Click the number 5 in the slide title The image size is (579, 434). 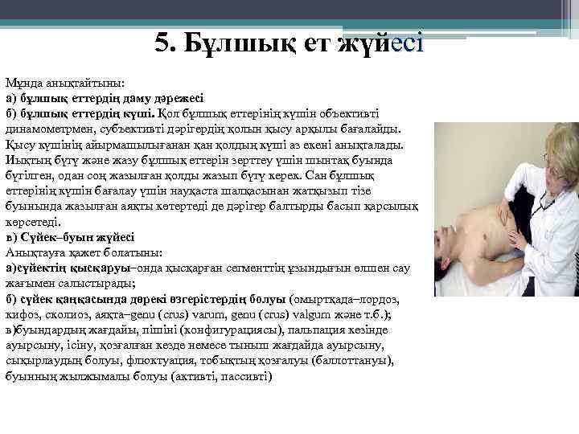162,43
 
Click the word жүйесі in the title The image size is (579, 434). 382,43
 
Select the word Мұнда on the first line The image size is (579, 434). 23,83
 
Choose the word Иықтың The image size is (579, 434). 29,161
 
